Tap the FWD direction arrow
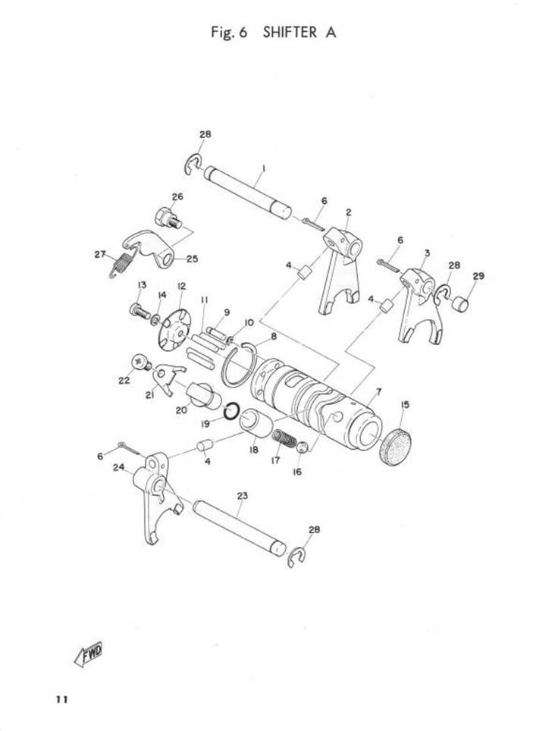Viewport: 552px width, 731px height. coord(88,653)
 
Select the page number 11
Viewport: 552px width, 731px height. coord(61,698)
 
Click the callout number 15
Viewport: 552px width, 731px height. coord(403,406)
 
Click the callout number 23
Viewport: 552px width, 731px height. coord(243,496)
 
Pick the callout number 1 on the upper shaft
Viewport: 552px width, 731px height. coord(262,167)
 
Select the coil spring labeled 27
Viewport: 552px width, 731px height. coord(122,262)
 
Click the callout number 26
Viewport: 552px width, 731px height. coord(177,197)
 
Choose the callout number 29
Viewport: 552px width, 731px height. coord(478,276)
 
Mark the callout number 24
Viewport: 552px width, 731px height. coord(118,467)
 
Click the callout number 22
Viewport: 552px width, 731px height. coord(124,381)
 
